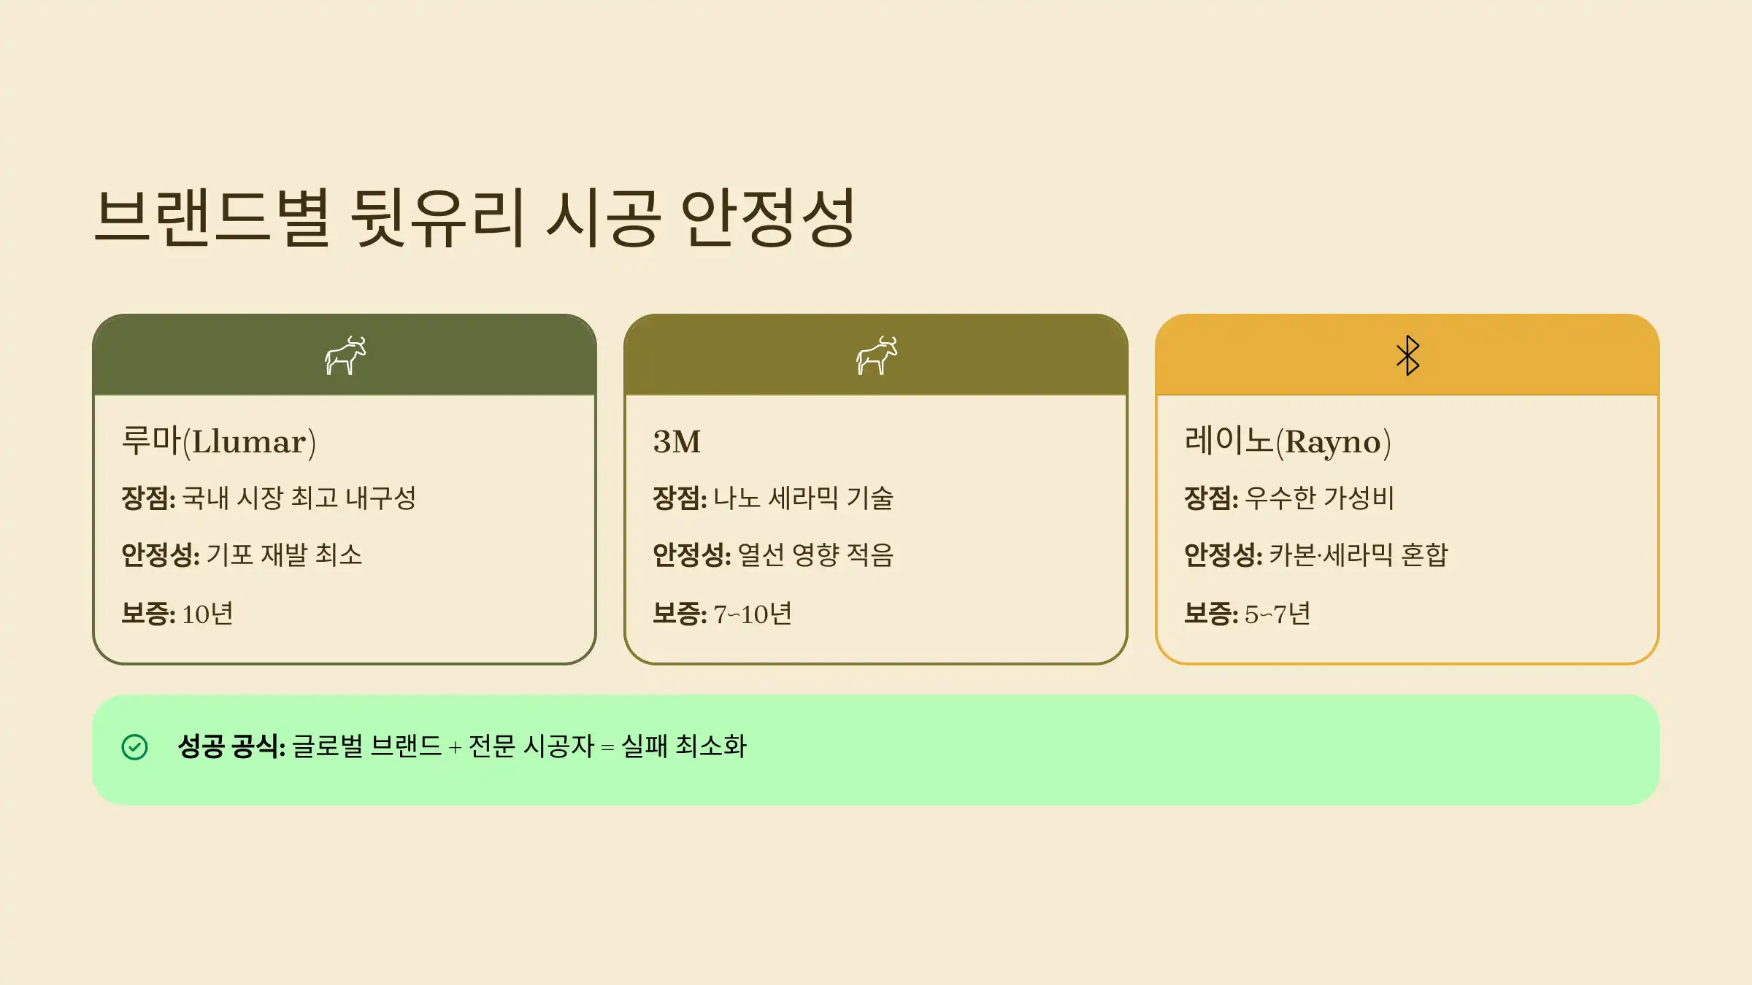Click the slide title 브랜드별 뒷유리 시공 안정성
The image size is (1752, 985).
(474, 217)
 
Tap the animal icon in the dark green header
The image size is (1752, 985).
(345, 355)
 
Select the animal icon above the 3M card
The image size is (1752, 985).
(876, 355)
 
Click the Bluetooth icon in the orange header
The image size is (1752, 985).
(1407, 355)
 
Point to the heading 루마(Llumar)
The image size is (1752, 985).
(218, 441)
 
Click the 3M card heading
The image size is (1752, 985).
(677, 442)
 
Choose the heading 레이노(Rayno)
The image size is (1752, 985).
(1288, 441)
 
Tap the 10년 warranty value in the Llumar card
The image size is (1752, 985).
(207, 614)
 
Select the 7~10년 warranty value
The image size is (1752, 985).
(753, 614)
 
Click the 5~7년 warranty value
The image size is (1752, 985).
(1277, 614)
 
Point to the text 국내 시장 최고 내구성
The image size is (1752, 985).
(299, 498)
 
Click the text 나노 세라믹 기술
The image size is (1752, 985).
(804, 498)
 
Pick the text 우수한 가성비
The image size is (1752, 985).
(1319, 498)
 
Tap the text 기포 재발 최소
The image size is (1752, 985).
(284, 555)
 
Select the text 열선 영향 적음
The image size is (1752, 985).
(815, 555)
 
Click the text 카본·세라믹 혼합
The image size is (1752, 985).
(1359, 555)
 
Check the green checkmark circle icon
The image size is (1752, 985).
(135, 747)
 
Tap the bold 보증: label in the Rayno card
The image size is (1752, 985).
(1210, 614)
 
